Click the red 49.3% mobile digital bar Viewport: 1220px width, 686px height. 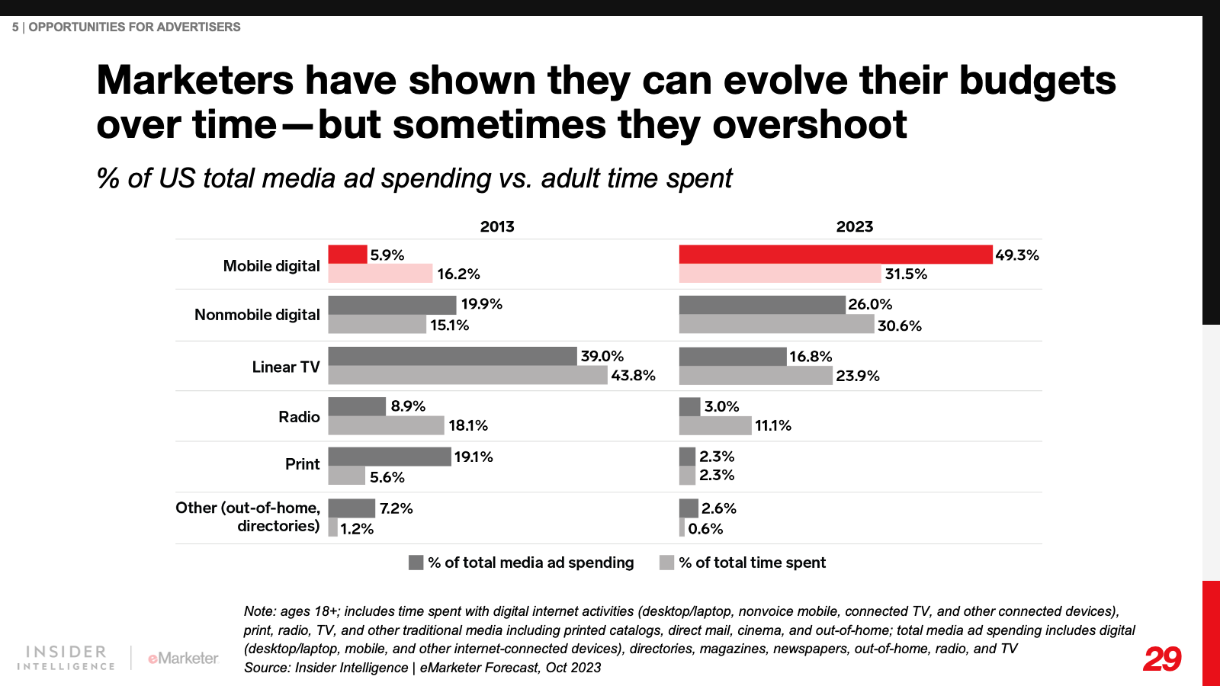tap(836, 255)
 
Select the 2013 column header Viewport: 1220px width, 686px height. tap(497, 226)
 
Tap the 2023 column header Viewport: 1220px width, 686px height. tap(854, 226)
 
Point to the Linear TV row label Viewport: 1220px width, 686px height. tap(286, 367)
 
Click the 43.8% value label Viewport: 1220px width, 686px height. tap(633, 376)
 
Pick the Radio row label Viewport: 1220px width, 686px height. tap(299, 417)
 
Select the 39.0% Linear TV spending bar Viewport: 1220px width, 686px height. tap(452, 356)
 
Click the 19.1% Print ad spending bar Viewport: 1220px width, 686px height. tap(390, 457)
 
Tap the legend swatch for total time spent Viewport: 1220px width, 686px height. tap(667, 563)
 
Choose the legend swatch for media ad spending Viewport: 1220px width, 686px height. tap(416, 563)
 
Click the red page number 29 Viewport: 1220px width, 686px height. tap(1162, 659)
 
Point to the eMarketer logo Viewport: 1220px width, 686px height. tap(183, 658)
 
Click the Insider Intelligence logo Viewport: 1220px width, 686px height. tap(66, 658)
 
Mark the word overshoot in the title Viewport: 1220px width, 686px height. tap(809, 125)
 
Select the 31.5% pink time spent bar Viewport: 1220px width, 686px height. tap(780, 274)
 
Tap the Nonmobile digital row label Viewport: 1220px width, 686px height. tap(257, 315)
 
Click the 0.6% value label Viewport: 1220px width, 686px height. tap(705, 529)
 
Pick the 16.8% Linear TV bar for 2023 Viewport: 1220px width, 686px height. tap(732, 357)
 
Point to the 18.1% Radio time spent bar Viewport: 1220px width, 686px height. tap(386, 425)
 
